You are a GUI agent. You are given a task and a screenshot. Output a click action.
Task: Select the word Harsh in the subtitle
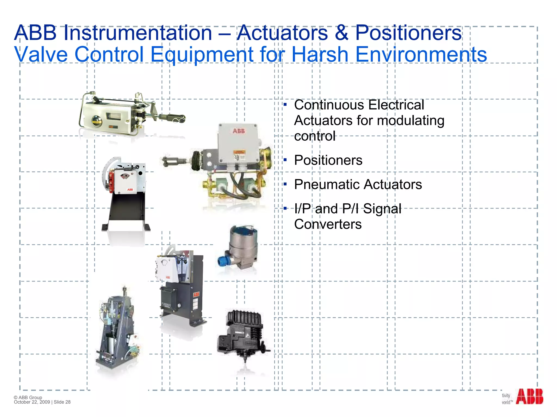pyautogui.click(x=320, y=55)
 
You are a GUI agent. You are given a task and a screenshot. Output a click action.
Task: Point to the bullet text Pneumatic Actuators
pyautogui.click(x=358, y=185)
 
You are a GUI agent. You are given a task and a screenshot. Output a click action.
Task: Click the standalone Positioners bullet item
pyautogui.click(x=328, y=160)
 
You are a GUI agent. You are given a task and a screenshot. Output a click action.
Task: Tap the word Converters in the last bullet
pyautogui.click(x=328, y=225)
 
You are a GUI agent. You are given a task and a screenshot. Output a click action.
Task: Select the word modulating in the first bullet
pyautogui.click(x=411, y=121)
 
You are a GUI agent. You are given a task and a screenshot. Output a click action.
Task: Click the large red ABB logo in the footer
pyautogui.click(x=529, y=397)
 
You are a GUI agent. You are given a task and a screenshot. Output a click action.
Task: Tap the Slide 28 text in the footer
pyautogui.click(x=62, y=402)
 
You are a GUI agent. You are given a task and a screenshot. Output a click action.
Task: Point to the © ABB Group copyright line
pyautogui.click(x=28, y=397)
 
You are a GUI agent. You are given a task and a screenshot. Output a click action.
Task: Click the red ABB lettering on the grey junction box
pyautogui.click(x=239, y=131)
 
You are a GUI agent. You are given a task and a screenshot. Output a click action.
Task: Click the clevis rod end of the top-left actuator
pyautogui.click(x=177, y=118)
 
